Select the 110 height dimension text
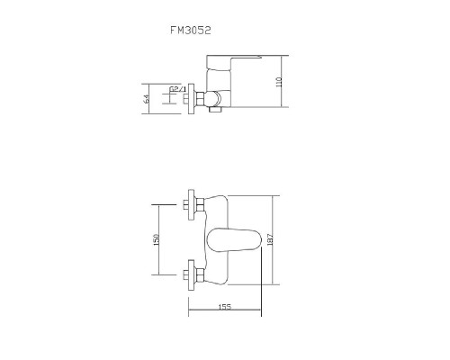[280, 82]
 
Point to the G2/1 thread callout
[177, 89]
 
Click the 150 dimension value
[157, 239]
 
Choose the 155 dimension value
[224, 308]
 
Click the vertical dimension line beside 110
[286, 81]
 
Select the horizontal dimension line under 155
[224, 313]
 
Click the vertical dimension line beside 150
[161, 239]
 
